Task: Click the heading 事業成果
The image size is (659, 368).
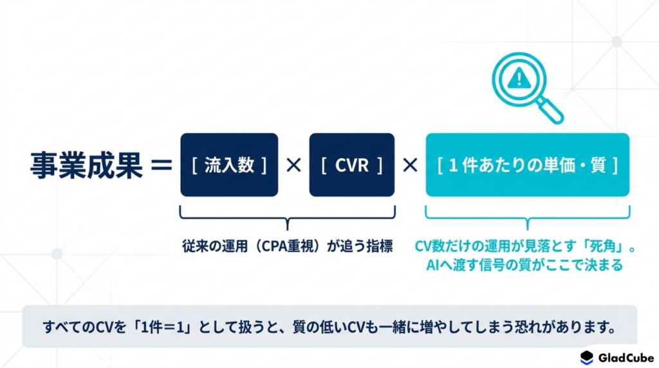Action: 86,165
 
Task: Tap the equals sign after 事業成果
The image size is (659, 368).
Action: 162,165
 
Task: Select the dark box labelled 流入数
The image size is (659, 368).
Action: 229,165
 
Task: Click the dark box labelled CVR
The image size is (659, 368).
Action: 352,165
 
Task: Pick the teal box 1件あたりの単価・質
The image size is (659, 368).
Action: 528,165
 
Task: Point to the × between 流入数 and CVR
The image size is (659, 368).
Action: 293,165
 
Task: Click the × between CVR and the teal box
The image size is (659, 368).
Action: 410,165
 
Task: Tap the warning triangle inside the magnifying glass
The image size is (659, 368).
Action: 519,78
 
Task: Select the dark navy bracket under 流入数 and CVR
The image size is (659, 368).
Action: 288,217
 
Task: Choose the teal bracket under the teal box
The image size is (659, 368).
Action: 528,217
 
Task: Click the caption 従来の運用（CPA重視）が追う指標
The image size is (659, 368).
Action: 288,246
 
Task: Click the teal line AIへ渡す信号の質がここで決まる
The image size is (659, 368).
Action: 524,265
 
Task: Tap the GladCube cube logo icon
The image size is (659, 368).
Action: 587,358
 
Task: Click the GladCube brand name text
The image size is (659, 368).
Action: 626,358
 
